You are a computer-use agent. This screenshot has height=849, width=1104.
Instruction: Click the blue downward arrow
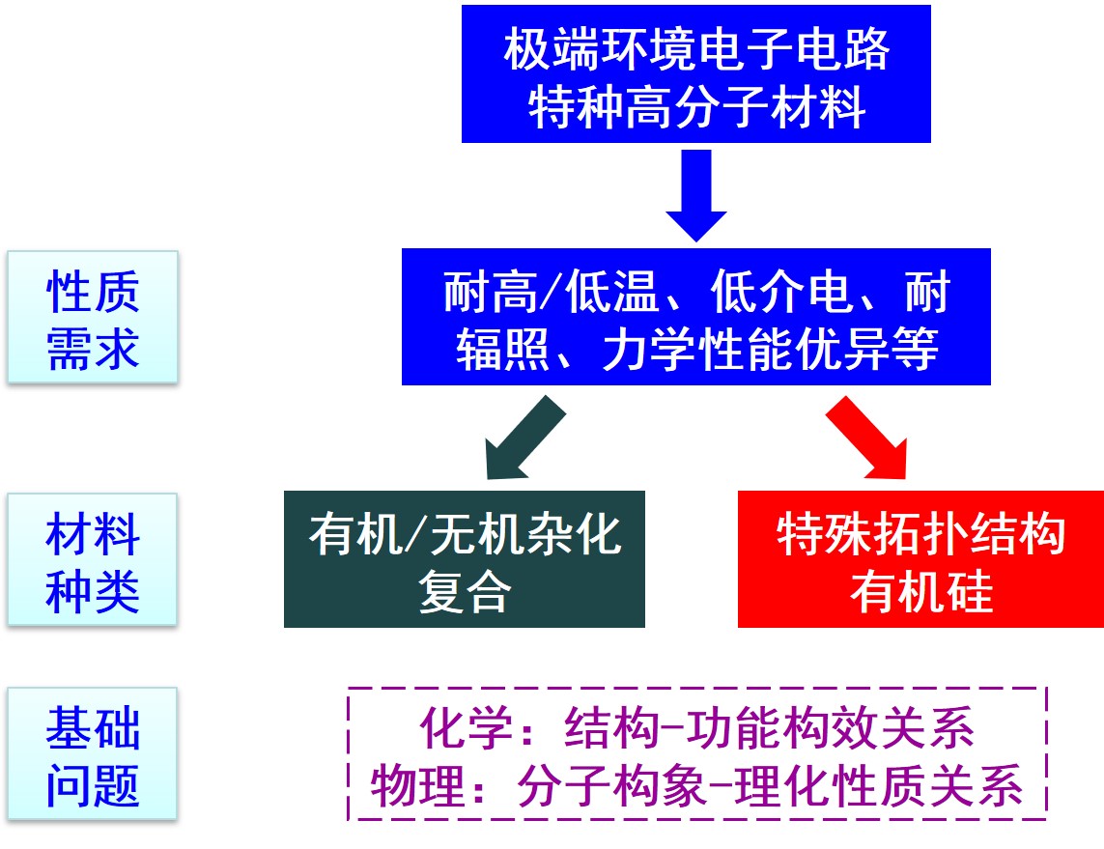[x=695, y=193]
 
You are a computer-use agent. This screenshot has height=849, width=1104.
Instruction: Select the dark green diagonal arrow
[x=522, y=439]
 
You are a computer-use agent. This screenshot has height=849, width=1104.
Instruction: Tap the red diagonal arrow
[x=869, y=439]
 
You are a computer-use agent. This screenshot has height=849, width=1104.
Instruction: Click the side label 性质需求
[x=93, y=319]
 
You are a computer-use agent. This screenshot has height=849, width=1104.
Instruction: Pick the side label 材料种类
[x=93, y=561]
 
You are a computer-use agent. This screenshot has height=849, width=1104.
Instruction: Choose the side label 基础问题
[x=93, y=755]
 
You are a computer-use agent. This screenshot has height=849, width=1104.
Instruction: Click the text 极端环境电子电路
[x=695, y=51]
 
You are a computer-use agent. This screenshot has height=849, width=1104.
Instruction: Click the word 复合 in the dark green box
[x=464, y=592]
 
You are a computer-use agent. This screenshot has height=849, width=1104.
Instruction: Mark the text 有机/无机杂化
[x=464, y=534]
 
